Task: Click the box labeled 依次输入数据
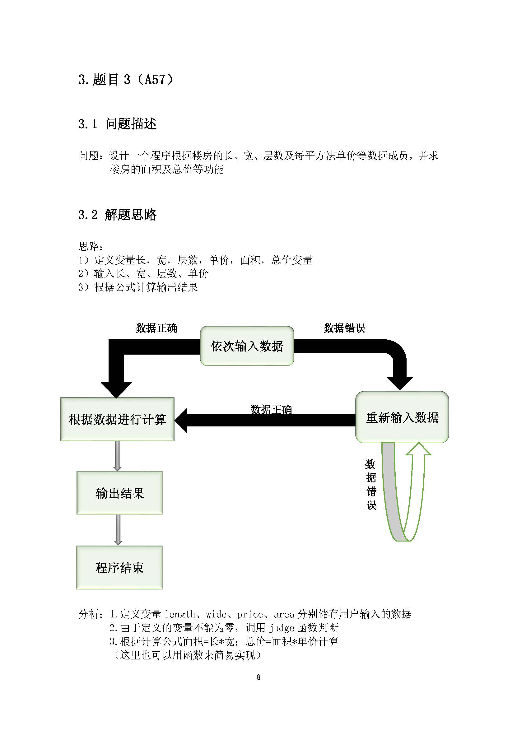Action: (x=247, y=346)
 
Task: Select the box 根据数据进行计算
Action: (x=117, y=419)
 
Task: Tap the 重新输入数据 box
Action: (x=402, y=417)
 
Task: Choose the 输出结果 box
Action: (x=120, y=493)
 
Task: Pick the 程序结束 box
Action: (x=119, y=568)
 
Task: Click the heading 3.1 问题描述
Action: (x=117, y=124)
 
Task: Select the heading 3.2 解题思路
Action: (x=117, y=215)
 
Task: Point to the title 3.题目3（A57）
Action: (x=125, y=79)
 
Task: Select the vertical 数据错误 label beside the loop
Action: (x=371, y=484)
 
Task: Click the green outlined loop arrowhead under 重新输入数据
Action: (x=418, y=449)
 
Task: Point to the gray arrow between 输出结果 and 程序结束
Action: (x=118, y=530)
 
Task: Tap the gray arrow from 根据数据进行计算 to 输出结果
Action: (x=118, y=456)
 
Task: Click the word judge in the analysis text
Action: (x=282, y=628)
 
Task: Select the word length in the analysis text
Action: (x=179, y=614)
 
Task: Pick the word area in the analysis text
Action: (x=284, y=614)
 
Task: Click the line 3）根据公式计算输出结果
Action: (x=138, y=287)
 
